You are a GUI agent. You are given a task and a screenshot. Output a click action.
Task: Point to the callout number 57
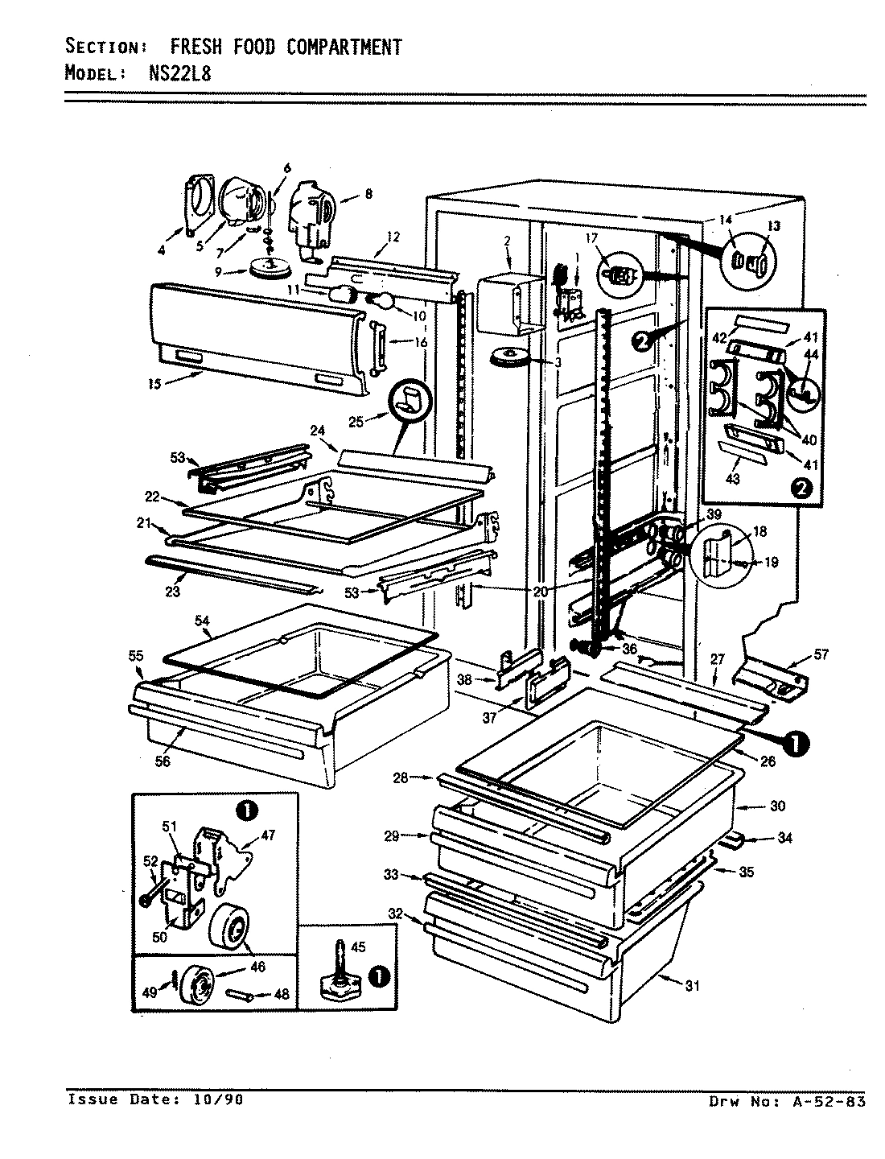pos(820,654)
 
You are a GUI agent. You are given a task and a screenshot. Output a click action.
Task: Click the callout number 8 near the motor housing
pos(368,193)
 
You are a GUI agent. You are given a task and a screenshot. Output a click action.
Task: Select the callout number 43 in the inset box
pos(733,480)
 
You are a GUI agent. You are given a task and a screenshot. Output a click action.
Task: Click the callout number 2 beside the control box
pos(508,240)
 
